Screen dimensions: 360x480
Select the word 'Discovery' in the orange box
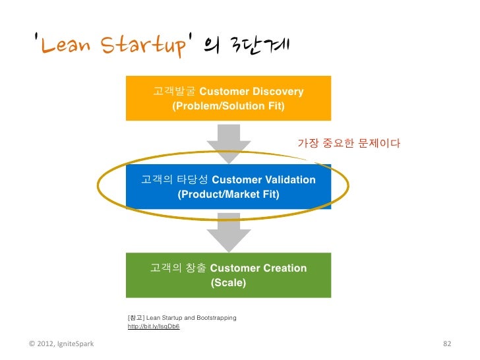click(277, 91)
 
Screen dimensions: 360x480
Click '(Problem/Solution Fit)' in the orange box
click(228, 105)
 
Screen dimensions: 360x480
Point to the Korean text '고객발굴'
click(174, 91)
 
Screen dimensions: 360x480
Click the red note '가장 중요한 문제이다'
click(349, 143)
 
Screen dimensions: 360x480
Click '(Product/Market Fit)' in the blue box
click(228, 195)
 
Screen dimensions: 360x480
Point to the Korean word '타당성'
click(194, 180)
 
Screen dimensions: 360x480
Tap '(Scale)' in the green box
click(228, 284)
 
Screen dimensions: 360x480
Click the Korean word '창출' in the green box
click(196, 268)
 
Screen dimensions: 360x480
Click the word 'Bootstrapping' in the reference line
click(217, 318)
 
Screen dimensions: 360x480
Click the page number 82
click(446, 344)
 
